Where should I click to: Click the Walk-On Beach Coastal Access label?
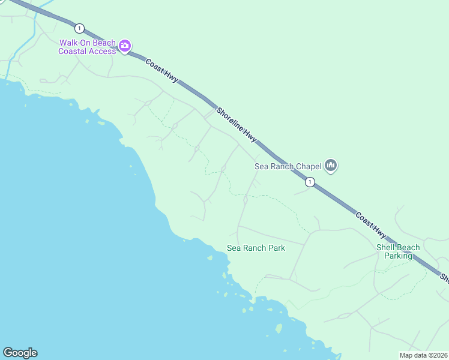tap(86, 47)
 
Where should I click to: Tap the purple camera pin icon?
tap(125, 46)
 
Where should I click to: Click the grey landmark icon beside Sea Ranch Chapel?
tap(331, 165)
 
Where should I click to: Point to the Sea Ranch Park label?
tap(256, 248)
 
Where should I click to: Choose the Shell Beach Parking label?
tap(398, 251)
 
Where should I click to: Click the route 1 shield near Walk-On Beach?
tap(79, 28)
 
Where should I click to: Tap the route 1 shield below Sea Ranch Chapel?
tap(309, 181)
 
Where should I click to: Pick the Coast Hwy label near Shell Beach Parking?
tap(371, 226)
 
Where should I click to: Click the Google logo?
tap(20, 353)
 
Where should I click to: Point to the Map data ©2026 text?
tap(423, 355)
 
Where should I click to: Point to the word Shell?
tap(385, 247)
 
